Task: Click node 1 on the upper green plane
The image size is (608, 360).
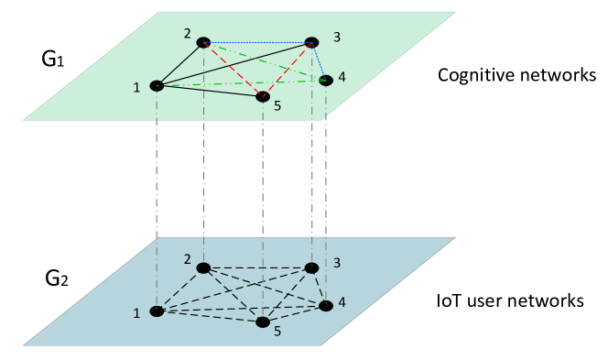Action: point(157,86)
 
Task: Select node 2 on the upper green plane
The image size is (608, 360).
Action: point(203,42)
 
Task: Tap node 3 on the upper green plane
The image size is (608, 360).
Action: point(311,42)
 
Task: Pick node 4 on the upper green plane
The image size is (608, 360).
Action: point(326,81)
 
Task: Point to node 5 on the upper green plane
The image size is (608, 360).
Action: point(263,96)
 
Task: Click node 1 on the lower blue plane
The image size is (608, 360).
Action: point(157,311)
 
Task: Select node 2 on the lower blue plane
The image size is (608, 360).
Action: point(203,268)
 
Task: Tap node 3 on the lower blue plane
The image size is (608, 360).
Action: point(311,268)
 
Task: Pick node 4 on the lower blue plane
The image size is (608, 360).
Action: point(326,306)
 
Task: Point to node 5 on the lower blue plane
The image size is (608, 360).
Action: point(263,322)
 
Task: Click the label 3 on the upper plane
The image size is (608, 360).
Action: point(337,38)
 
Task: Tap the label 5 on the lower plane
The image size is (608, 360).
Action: point(277,332)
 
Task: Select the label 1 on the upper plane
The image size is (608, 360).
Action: point(136,87)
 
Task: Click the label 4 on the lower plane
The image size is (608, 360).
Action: point(342,302)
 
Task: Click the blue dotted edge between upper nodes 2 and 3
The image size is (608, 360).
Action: point(257,42)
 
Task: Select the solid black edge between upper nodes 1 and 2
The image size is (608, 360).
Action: point(180,64)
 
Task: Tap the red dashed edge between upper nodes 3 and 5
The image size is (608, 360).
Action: point(288,69)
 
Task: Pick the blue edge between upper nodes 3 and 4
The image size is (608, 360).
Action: point(319,61)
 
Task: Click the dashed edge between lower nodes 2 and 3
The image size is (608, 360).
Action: point(257,268)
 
